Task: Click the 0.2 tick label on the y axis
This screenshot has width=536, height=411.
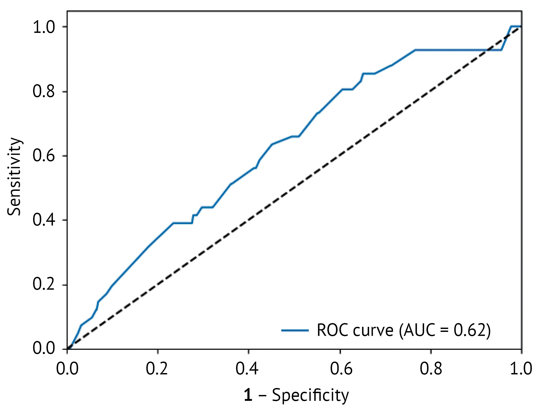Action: coord(44,284)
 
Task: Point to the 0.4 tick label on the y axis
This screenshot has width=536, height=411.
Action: coord(44,220)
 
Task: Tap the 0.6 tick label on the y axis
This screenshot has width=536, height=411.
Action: coord(44,156)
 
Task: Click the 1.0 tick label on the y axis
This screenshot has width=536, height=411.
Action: coord(44,27)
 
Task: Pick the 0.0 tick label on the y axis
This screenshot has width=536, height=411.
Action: coord(44,348)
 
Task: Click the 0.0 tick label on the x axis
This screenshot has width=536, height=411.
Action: coord(67,369)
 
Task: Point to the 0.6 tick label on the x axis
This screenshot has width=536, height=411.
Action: coord(341,369)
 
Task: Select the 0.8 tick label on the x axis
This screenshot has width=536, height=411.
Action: coord(431,369)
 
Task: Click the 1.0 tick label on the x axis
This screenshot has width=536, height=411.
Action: coord(521,369)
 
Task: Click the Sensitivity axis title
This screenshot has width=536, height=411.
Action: coord(14,177)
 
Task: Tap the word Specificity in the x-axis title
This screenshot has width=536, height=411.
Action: coord(310,395)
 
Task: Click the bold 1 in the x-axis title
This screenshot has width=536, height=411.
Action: coord(248,395)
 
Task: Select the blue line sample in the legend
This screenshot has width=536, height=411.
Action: coord(295,331)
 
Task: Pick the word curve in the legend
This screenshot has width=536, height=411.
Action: coord(373,331)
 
